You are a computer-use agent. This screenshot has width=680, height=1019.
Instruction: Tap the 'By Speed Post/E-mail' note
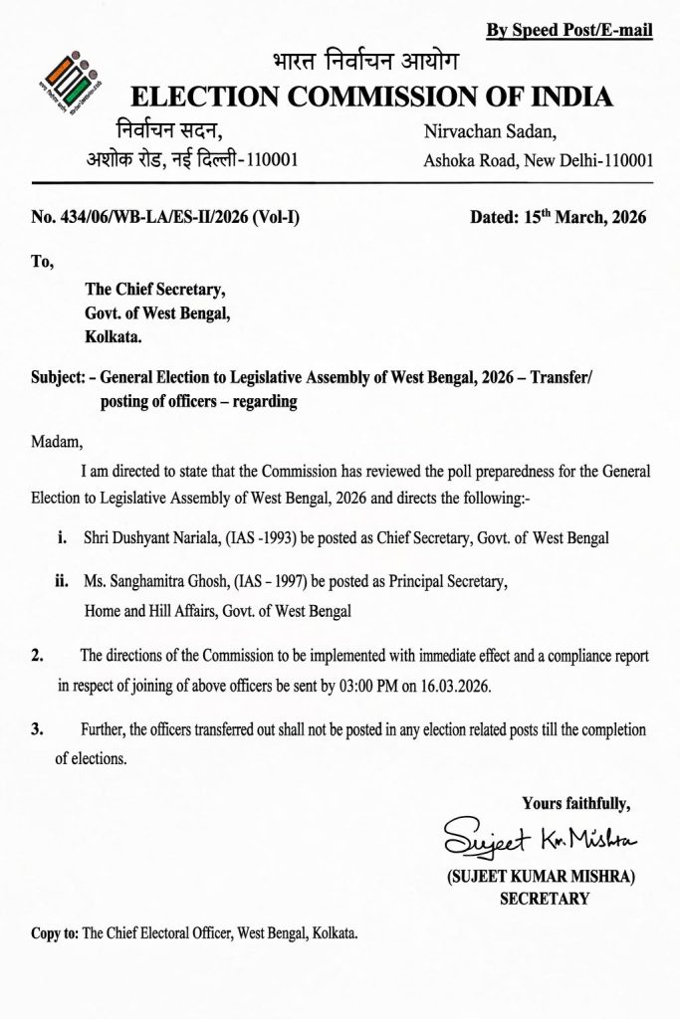point(568,31)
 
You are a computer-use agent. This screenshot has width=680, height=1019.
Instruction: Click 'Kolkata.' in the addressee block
point(113,337)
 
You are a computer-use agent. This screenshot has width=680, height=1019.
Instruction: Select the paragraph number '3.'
point(38,730)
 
